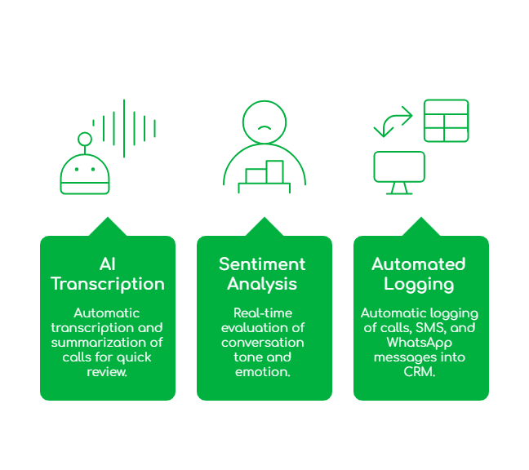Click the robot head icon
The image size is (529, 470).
[x=85, y=174]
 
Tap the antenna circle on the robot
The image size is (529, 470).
[x=84, y=139]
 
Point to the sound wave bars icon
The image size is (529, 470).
[x=124, y=128]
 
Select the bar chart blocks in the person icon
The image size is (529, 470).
[x=264, y=174]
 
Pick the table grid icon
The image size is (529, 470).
[x=446, y=120]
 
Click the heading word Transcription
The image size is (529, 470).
[x=108, y=284]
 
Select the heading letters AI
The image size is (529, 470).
[x=107, y=264]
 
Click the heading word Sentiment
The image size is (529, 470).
[x=262, y=264]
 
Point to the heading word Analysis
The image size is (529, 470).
[x=262, y=284]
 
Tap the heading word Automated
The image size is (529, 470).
[x=419, y=264]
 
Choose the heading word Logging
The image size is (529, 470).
[x=419, y=284]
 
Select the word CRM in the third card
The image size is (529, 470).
[x=419, y=372]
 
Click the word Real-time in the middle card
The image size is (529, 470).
[x=262, y=313]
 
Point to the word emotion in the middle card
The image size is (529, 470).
[x=262, y=372]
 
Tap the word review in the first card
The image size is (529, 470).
[x=107, y=372]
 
